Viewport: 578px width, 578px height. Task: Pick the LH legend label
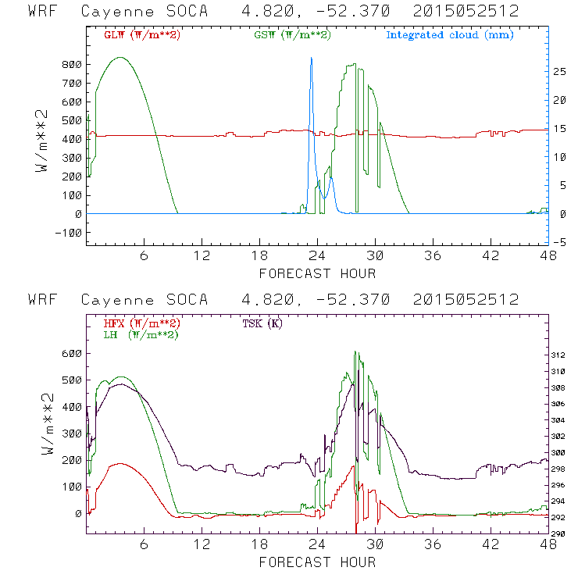point(138,334)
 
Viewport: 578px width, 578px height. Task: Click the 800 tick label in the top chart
point(73,64)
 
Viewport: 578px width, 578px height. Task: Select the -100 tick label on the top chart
point(69,233)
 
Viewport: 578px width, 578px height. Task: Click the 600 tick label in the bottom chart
point(73,353)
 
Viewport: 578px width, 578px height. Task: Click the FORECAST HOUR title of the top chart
point(317,273)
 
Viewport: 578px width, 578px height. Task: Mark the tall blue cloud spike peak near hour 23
point(311,58)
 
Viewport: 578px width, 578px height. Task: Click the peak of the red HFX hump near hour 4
point(119,464)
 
